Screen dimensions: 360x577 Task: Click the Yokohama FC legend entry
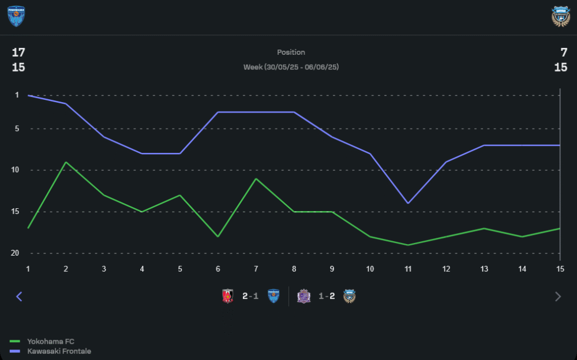coord(50,342)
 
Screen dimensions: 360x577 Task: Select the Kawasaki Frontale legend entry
coord(59,351)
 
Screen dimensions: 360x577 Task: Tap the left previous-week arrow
coord(19,297)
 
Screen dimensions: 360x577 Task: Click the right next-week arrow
coord(557,297)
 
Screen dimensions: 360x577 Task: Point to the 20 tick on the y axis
coord(16,253)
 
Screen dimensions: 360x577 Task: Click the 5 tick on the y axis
coord(17,129)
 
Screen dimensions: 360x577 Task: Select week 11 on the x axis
coord(408,269)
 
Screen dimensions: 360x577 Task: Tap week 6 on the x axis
coord(218,269)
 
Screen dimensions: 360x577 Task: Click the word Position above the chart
coord(291,52)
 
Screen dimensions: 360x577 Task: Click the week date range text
coord(291,67)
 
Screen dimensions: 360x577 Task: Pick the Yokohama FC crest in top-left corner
coord(16,17)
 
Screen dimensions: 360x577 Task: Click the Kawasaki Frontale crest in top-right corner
coord(560,17)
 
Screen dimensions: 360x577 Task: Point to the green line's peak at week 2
coord(66,162)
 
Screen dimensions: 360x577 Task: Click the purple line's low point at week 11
coord(408,203)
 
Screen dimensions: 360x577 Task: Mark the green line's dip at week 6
coord(218,237)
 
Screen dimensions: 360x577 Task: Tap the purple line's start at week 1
coord(28,95)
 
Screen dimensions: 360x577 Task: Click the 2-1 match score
coord(250,297)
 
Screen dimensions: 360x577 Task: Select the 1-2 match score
coord(327,297)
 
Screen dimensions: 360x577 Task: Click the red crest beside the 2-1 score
coord(228,297)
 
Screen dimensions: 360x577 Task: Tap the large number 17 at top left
coord(18,52)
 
